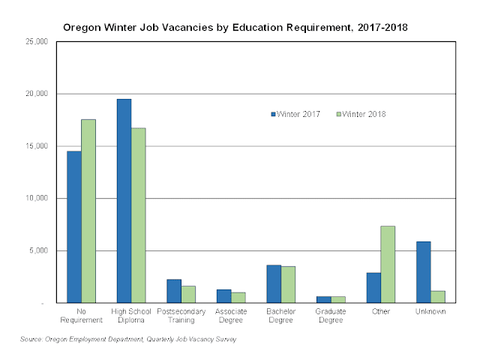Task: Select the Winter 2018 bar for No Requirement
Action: (x=88, y=211)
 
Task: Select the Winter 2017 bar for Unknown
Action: (x=424, y=271)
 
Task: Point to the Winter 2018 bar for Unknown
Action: (x=438, y=296)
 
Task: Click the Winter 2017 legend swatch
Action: (x=273, y=114)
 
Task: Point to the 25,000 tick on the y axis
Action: (x=37, y=42)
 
